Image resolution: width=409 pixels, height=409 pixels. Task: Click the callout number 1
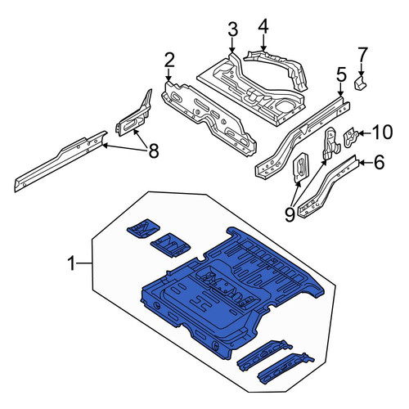(71, 263)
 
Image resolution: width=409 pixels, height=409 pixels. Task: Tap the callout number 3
(232, 29)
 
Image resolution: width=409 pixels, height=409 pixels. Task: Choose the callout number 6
(379, 162)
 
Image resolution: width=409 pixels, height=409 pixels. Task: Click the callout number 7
(362, 55)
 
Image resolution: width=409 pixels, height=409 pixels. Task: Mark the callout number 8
(154, 151)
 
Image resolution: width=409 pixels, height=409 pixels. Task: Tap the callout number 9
(290, 214)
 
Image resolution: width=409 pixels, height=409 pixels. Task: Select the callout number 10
(383, 133)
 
